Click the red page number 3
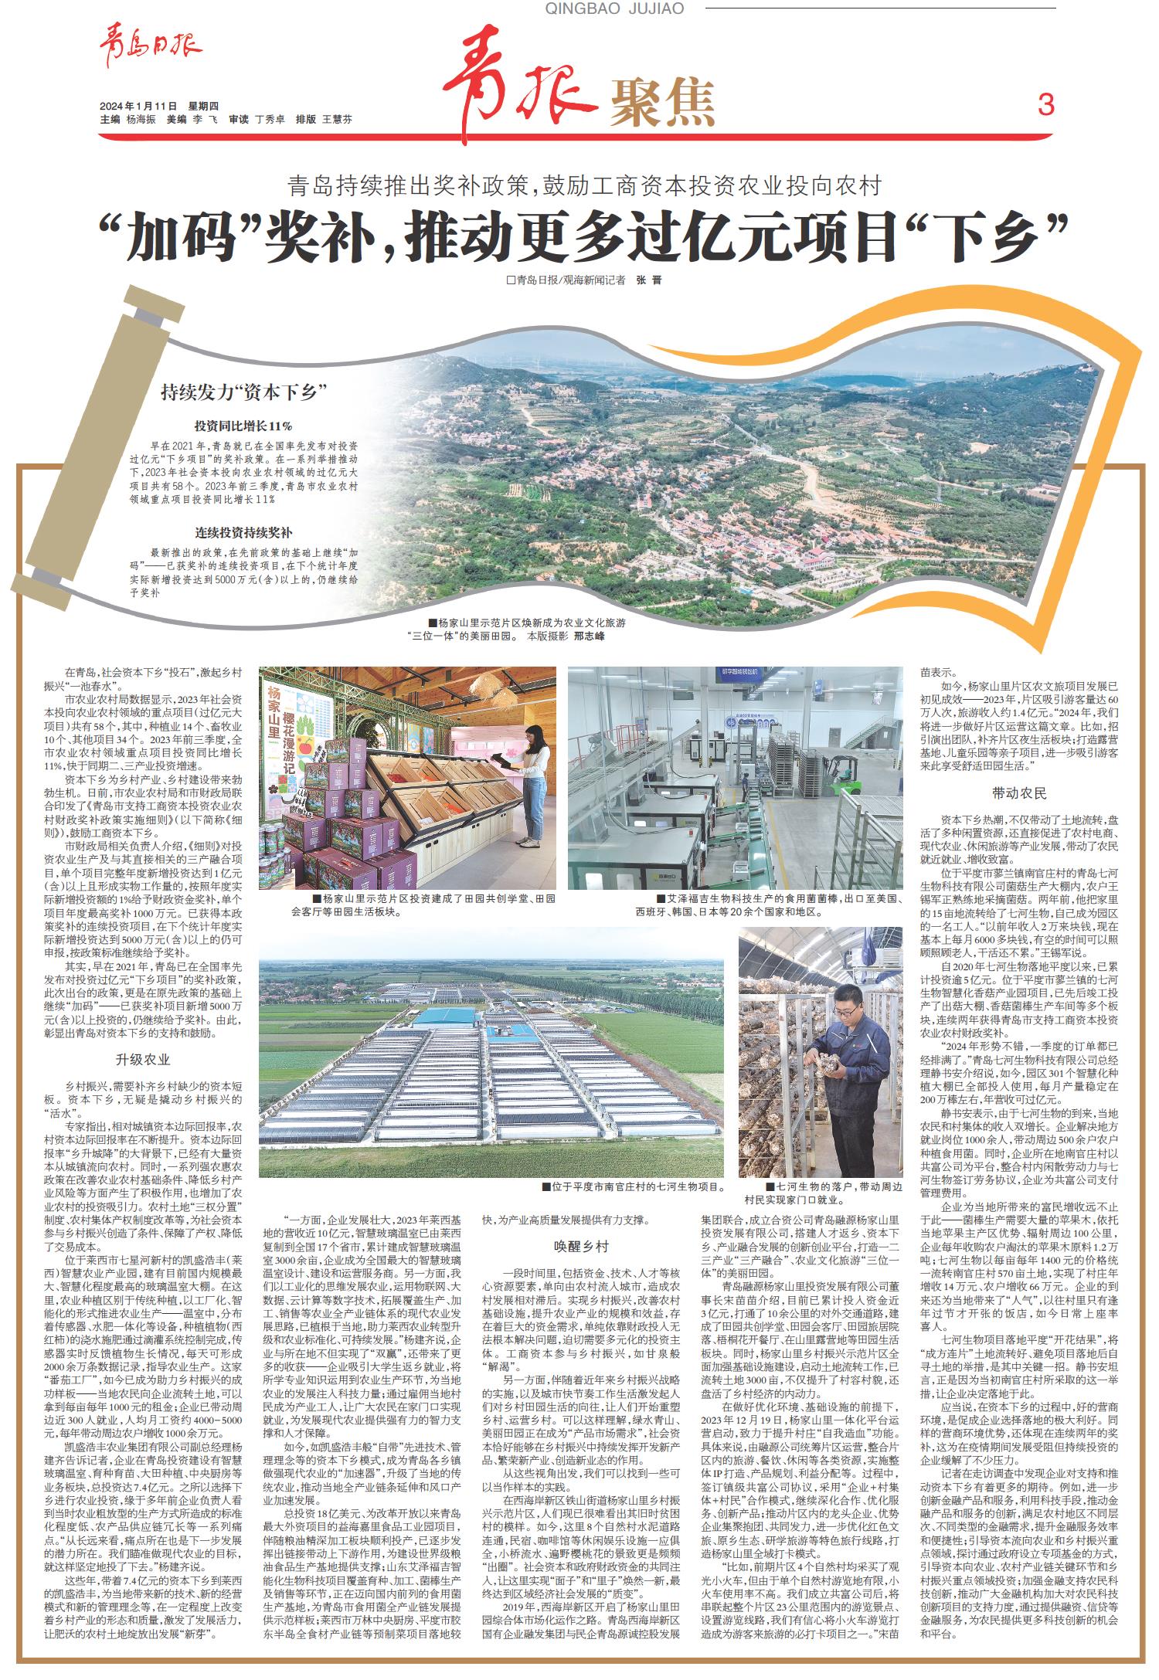tap(1045, 104)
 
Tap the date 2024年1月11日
tap(138, 106)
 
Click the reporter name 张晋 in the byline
tap(648, 280)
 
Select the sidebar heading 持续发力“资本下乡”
tap(240, 392)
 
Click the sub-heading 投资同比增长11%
tap(243, 426)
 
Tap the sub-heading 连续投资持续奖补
tap(243, 533)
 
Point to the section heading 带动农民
tap(1019, 793)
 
